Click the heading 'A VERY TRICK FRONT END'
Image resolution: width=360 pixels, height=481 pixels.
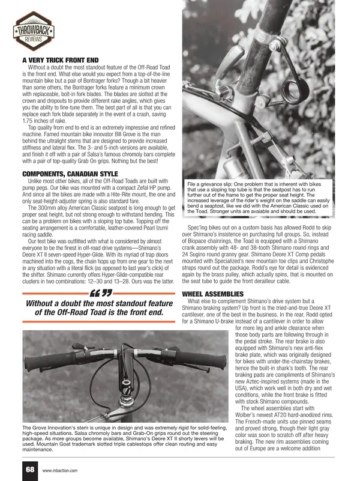click(x=59, y=59)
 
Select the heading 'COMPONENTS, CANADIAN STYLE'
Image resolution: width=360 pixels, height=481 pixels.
click(x=70, y=174)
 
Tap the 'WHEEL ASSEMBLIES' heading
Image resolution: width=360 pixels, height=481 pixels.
click(x=214, y=293)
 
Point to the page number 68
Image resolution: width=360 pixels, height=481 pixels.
click(x=30, y=470)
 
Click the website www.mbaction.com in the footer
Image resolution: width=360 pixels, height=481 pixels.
click(x=60, y=470)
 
